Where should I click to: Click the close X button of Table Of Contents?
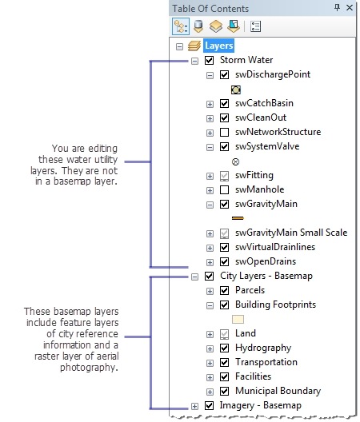coord(350,7)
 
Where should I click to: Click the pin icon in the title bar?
coord(337,7)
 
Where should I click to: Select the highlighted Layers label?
coord(219,46)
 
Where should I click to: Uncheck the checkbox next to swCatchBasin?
coord(224,103)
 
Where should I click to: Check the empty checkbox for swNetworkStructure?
coord(224,132)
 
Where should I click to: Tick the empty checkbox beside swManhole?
coord(224,189)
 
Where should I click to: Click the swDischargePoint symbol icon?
coord(236,90)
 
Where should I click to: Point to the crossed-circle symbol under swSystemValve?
coord(235,161)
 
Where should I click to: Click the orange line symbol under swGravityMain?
coord(238,218)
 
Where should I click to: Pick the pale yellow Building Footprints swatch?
coord(238,320)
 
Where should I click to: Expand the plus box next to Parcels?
coord(210,291)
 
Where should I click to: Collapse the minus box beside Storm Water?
coord(194,61)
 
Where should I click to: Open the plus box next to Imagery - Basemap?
coord(194,406)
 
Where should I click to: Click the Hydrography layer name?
coord(263,348)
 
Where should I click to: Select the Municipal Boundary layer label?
coord(278,391)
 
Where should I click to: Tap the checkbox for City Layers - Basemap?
coord(209,276)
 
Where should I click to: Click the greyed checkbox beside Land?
coord(224,334)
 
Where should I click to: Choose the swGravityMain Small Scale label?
coord(291,233)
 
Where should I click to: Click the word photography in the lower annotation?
coord(89,368)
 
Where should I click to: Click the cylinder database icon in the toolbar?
coord(198,26)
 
